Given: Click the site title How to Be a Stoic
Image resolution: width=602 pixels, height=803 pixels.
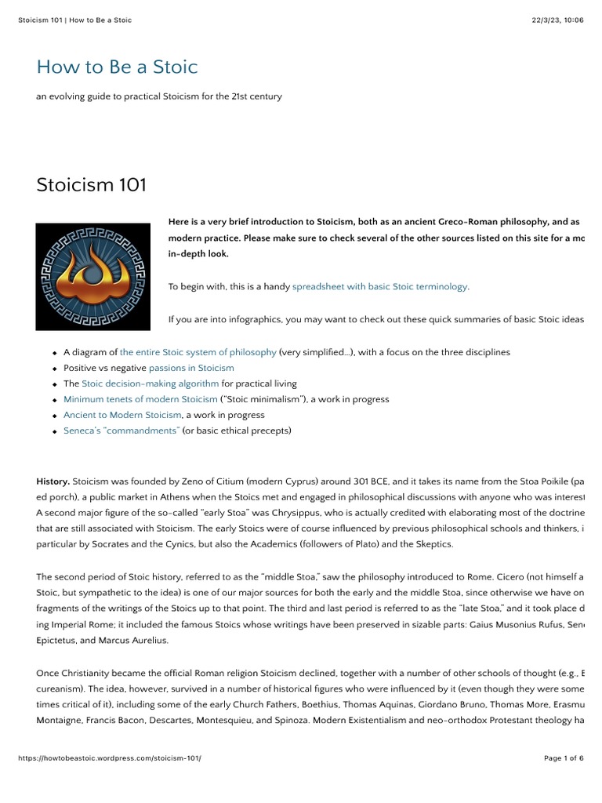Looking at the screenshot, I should (117, 67).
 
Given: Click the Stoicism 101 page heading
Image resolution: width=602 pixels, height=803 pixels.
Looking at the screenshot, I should (91, 185).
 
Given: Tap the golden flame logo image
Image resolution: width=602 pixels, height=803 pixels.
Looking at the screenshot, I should (92, 276).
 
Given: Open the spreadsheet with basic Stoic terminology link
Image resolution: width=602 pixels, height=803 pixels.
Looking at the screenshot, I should (379, 287).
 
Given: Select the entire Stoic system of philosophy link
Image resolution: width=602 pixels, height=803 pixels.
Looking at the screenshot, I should (198, 352).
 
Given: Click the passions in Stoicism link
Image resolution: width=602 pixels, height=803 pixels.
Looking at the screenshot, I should (191, 368).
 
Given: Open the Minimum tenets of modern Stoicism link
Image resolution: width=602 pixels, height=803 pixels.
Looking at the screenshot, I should (140, 399).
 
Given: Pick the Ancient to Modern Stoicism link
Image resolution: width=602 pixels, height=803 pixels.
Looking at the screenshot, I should (122, 415).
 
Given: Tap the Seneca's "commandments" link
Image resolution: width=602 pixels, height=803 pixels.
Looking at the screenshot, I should (121, 431).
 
